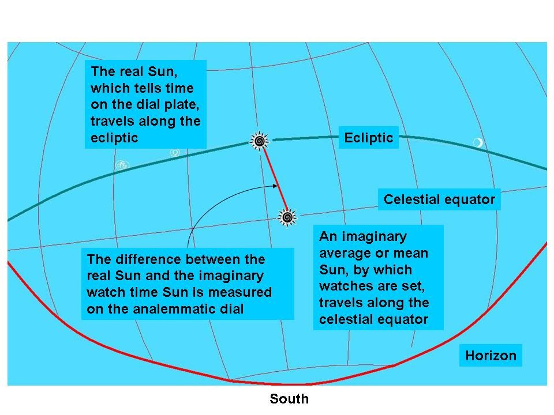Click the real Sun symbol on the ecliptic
[259, 141]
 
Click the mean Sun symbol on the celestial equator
[287, 217]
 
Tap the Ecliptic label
[369, 137]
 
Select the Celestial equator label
[439, 199]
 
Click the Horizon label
[491, 356]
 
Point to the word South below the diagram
[289, 399]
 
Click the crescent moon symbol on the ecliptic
[478, 142]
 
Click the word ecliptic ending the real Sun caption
[114, 138]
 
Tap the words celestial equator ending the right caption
[373, 319]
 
